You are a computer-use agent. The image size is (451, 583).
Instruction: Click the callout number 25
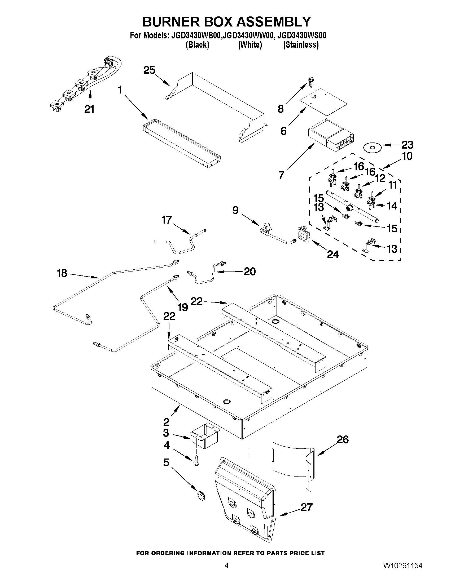click(x=149, y=70)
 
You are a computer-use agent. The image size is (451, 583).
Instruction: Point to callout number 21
click(x=89, y=109)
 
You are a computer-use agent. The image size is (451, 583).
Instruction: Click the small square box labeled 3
click(x=205, y=436)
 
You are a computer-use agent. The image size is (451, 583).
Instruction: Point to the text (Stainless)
click(x=301, y=45)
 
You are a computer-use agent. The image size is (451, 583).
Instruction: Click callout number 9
click(x=235, y=210)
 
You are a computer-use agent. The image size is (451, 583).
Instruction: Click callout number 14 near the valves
click(x=392, y=206)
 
